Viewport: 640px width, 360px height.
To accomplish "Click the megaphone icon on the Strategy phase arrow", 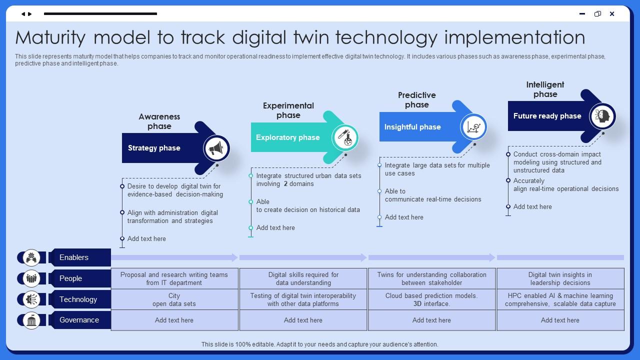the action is coord(216,148).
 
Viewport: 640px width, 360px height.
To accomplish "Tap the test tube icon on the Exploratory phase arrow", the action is coord(345,137).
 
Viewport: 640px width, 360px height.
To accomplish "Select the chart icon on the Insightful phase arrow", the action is coord(473,127).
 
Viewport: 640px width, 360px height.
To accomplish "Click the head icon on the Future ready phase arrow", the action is coord(602,116).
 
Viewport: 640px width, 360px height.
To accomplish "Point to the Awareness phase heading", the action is coord(159,121).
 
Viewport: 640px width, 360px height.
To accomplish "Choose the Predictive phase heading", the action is coord(417,100).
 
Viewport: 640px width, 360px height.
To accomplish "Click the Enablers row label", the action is coord(74,257).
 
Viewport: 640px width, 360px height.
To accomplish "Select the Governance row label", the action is coord(79,320).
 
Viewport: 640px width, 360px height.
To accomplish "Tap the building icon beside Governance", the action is coord(31,320).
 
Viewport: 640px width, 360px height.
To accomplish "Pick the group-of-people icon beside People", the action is coord(31,278).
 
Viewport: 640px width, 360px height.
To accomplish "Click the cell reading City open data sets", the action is coord(174,299).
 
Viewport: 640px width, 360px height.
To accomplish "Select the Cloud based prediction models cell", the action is coord(431,299).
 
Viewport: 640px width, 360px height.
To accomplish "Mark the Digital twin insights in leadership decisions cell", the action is coord(560,278).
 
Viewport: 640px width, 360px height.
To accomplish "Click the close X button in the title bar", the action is coord(612,13).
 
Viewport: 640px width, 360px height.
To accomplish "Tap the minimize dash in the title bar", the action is coord(582,13).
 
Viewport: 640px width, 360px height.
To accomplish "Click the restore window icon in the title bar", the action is coord(597,13).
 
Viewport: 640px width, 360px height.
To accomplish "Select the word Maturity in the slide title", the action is coord(50,38).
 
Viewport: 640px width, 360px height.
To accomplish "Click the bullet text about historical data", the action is coord(308,205).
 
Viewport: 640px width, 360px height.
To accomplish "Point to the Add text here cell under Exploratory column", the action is coord(303,320).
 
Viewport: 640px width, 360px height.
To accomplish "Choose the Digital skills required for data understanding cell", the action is coord(303,278).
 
